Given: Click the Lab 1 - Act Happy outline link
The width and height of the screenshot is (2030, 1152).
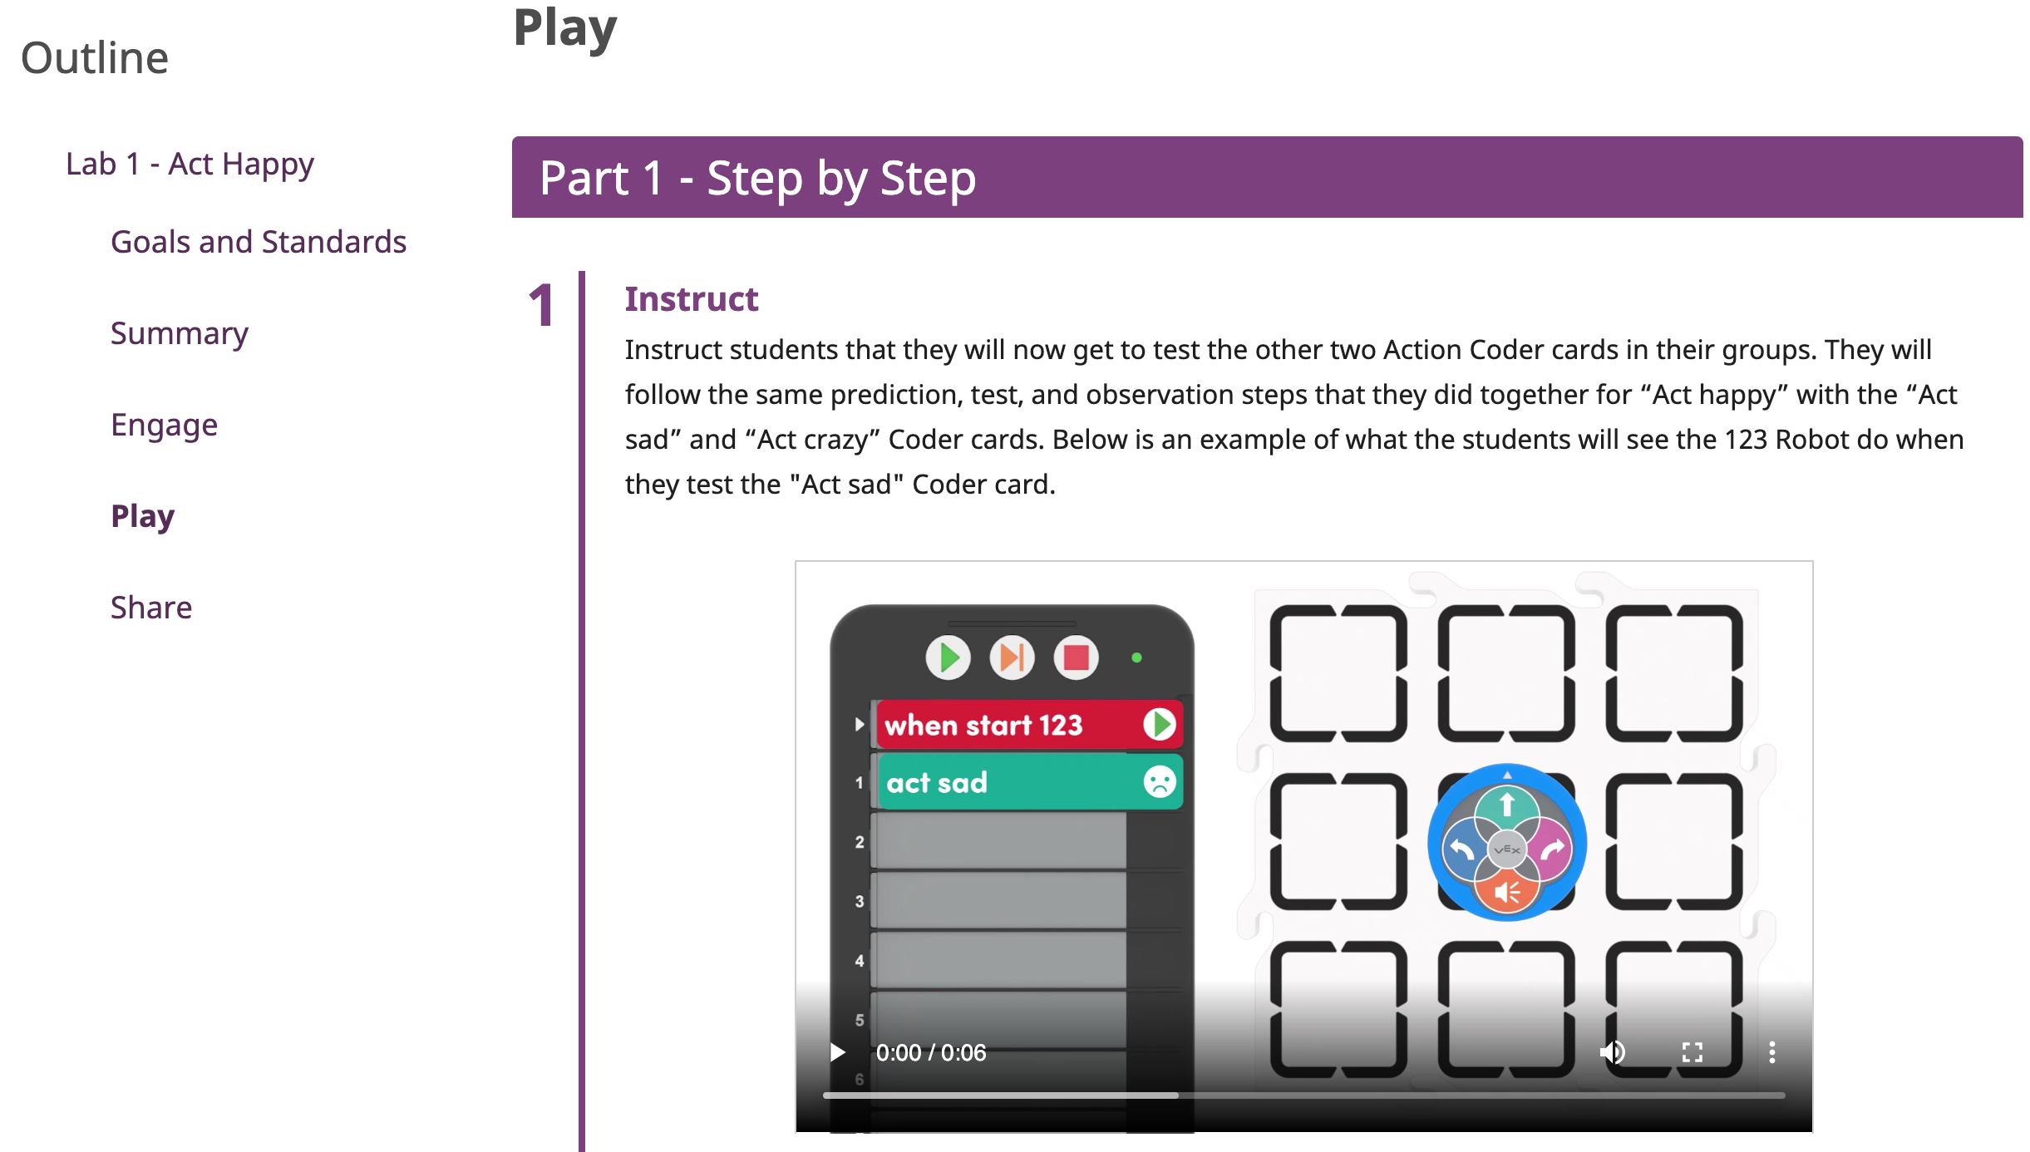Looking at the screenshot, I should pos(190,164).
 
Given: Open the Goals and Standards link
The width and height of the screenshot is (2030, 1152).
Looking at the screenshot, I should pos(259,242).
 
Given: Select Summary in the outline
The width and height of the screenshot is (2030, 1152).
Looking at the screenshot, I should pos(180,333).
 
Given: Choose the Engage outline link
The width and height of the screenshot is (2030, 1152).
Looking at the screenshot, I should pos(165,425).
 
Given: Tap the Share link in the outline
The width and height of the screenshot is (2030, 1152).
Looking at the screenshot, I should pos(151,608).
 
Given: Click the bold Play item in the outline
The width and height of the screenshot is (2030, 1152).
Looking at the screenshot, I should pos(143,516).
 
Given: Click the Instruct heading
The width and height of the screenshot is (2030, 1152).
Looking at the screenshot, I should pos(691,299).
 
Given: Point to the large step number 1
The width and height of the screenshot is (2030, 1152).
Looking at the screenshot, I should pos(541,304).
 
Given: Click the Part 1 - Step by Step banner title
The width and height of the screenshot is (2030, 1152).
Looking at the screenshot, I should pos(757,178).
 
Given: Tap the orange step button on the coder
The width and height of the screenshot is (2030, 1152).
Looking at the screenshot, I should pos(1012,658).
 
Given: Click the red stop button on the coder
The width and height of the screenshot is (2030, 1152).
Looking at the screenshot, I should pos(1076,658).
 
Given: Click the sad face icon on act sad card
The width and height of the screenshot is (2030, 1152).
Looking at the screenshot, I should pos(1159,781).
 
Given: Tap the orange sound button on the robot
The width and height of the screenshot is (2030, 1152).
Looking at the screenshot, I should pos(1506,892).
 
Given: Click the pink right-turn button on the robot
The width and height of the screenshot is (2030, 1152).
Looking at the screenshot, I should pos(1551,849).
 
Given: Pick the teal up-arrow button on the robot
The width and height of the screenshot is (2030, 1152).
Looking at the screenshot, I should pos(1506,805).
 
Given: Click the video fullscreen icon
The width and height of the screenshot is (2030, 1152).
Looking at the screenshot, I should pos(1692,1052).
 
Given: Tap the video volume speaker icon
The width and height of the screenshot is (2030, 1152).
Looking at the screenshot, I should pos(1612,1052).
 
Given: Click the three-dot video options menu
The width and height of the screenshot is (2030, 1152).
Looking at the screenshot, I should pos(1771,1052).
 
